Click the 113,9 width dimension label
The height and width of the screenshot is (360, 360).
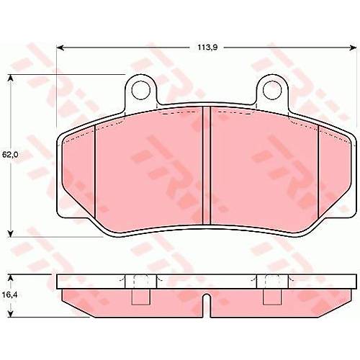[x=207, y=48]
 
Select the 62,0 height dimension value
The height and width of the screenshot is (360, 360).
[x=10, y=155]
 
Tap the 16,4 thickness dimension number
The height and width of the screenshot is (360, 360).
[x=9, y=294]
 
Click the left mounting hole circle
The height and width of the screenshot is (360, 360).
[x=141, y=91]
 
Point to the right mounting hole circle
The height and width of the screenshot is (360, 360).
[x=272, y=91]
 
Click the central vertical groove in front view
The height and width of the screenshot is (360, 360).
[x=207, y=166]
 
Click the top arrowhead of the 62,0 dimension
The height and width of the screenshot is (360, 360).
[x=10, y=78]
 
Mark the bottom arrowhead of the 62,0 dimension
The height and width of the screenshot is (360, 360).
[x=10, y=234]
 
